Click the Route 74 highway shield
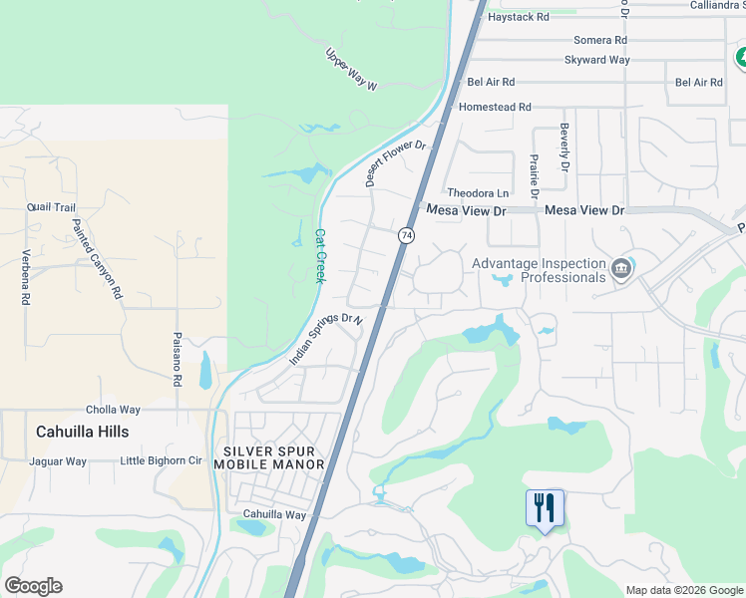406,235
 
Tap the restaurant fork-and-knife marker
545,508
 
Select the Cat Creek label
321,256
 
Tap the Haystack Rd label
516,17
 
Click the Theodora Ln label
479,192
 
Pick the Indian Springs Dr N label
326,339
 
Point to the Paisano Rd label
177,358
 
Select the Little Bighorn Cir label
161,460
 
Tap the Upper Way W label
352,70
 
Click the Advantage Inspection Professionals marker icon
621,268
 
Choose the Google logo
33,586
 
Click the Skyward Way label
597,60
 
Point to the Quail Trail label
52,207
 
